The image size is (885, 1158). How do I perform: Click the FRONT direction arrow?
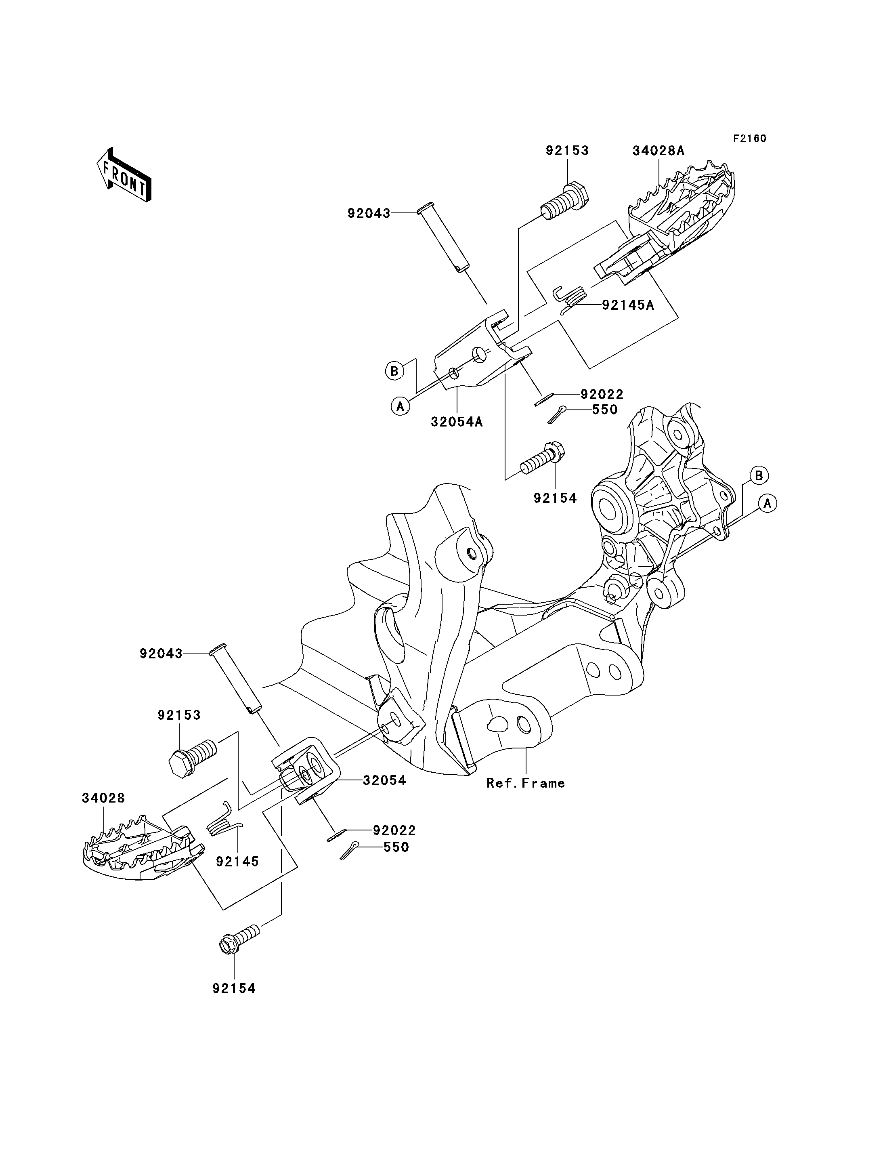tap(124, 174)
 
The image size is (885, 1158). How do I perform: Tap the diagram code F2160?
tap(750, 139)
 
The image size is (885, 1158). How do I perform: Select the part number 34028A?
tap(659, 151)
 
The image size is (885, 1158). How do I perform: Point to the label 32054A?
tap(457, 422)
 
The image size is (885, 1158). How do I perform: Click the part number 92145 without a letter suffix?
tap(237, 862)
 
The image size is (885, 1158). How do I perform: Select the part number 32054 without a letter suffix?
tap(384, 781)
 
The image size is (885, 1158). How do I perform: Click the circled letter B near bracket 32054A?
tap(394, 371)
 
